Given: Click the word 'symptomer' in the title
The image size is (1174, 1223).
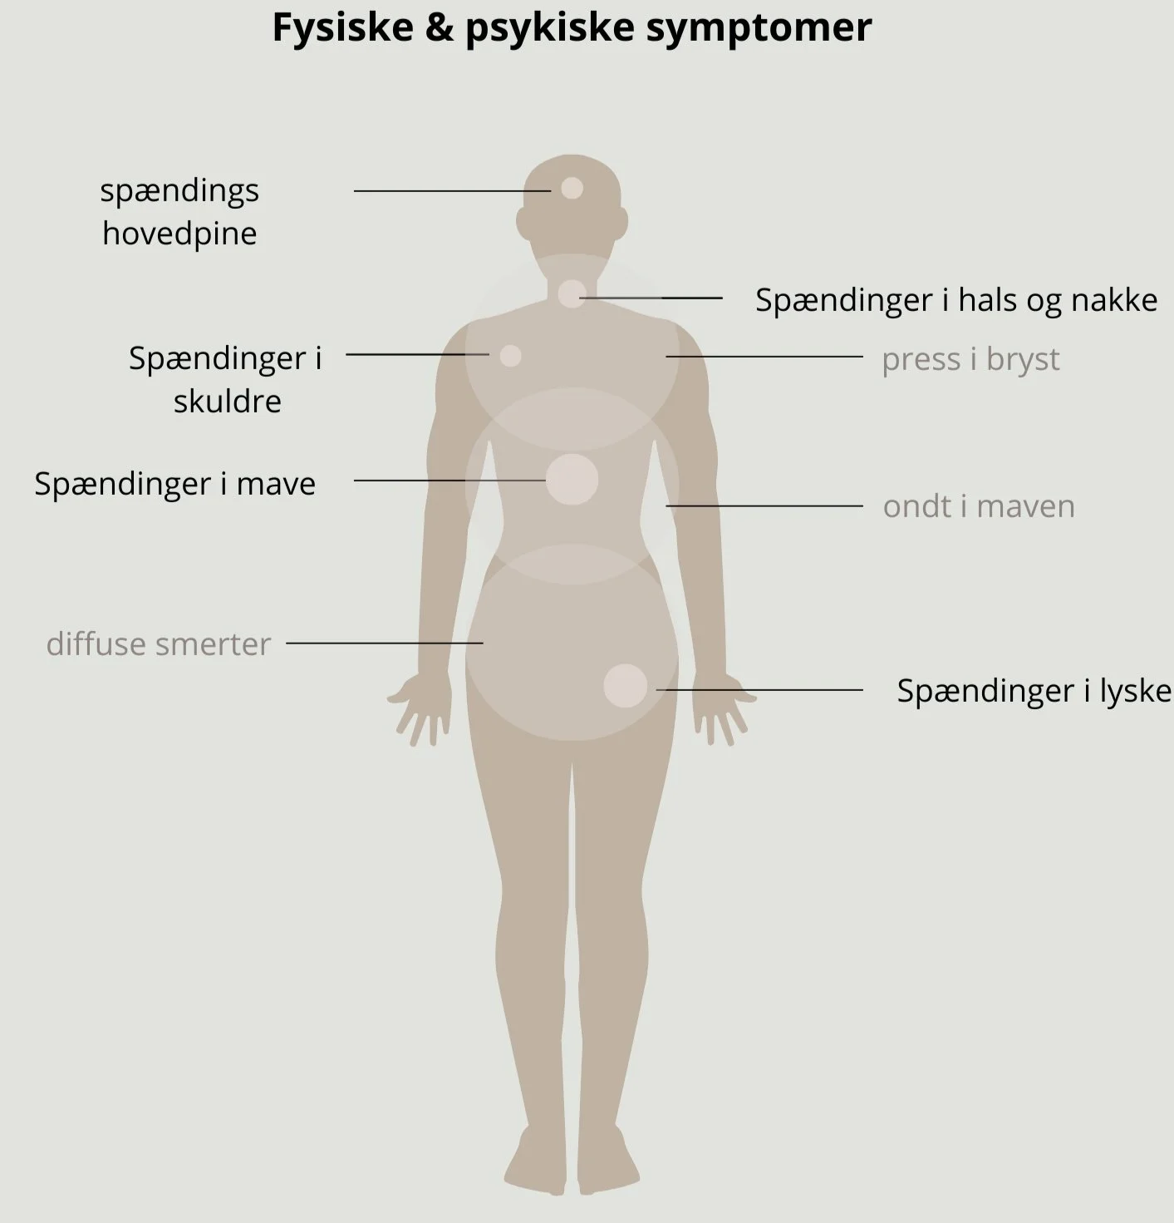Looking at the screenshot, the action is [759, 27].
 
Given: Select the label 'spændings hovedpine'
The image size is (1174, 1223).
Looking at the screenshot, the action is [179, 212].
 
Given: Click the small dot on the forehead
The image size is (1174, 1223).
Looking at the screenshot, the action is [572, 188].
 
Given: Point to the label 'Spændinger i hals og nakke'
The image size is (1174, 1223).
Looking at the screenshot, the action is [955, 300].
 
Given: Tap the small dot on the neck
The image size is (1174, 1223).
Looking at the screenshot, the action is [572, 293].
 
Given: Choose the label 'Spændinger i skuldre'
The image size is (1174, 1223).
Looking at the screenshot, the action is [226, 379].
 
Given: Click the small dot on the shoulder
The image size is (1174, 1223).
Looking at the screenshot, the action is [510, 356].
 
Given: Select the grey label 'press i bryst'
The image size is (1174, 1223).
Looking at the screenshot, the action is [970, 359].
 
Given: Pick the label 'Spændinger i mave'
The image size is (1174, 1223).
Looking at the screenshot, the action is [175, 484].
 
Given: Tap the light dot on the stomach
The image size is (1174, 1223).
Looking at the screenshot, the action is [572, 479].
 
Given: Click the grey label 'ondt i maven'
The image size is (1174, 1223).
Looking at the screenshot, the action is [979, 506].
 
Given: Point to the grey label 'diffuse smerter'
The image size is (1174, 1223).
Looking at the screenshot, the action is [159, 644].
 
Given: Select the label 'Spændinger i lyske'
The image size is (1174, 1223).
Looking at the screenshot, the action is [1034, 691].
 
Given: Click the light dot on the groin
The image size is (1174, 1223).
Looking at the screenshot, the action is [625, 686].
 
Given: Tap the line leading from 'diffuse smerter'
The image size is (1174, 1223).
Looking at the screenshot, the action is [384, 643].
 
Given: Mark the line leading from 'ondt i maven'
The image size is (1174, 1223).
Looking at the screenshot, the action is [764, 505].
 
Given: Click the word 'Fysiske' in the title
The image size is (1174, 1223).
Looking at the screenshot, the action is [342, 27].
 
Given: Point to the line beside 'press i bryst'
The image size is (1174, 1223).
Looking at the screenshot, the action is [764, 356].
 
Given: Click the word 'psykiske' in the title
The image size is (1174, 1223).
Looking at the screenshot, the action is [550, 27].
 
